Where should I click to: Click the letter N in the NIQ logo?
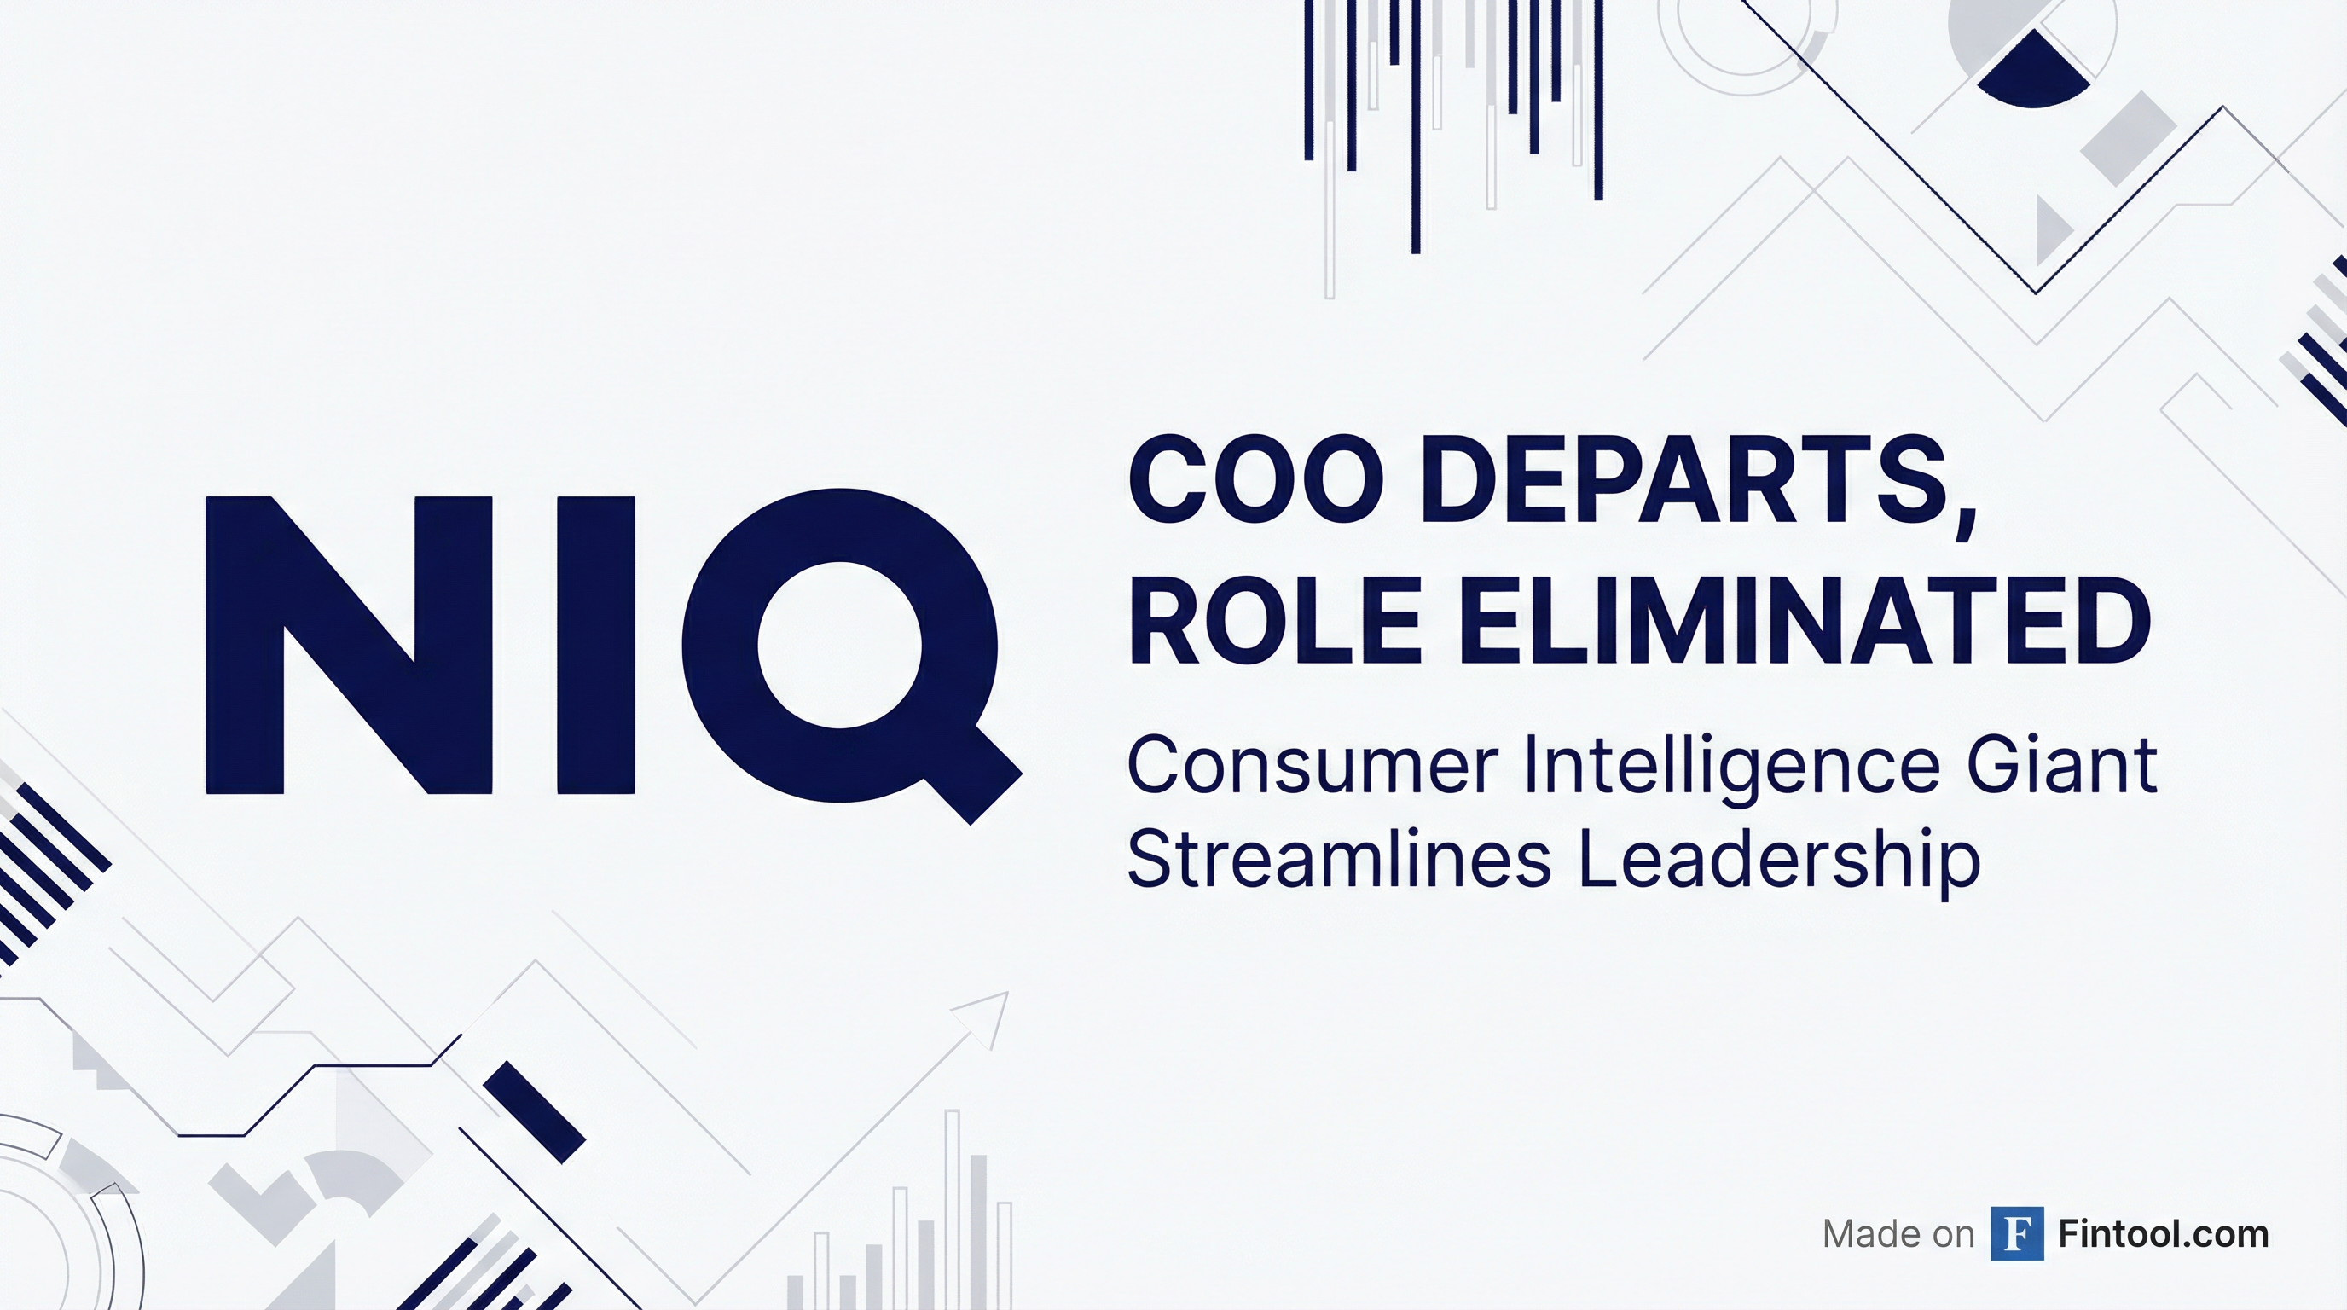click(x=351, y=645)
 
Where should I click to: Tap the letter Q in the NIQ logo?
click(x=852, y=656)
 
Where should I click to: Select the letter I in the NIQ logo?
click(x=596, y=645)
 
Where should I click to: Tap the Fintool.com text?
click(x=2163, y=1234)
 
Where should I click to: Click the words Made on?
click(x=1898, y=1234)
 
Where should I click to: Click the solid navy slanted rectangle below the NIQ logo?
click(x=534, y=1112)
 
